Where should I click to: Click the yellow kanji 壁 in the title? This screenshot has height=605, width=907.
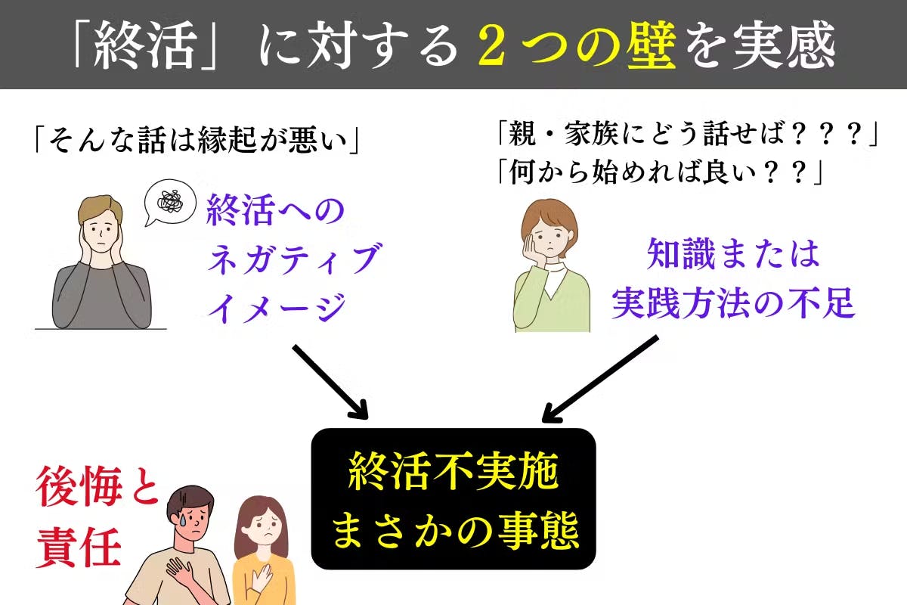coord(651,44)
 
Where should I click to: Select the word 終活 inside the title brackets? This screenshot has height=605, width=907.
coord(145,45)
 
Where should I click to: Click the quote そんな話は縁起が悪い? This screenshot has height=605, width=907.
coord(197,140)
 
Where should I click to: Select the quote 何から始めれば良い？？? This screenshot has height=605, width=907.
coord(660,172)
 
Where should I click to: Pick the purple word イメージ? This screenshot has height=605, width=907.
coord(277,307)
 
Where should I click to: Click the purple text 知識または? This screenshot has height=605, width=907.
coord(733,254)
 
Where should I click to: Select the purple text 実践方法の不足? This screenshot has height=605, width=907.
coord(733,302)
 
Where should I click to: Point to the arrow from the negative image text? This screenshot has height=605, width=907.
coord(330,381)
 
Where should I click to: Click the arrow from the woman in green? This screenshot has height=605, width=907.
coord(600,379)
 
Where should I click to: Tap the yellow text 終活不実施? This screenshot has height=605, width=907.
coord(453,472)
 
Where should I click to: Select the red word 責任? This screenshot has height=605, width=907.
coord(79,547)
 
